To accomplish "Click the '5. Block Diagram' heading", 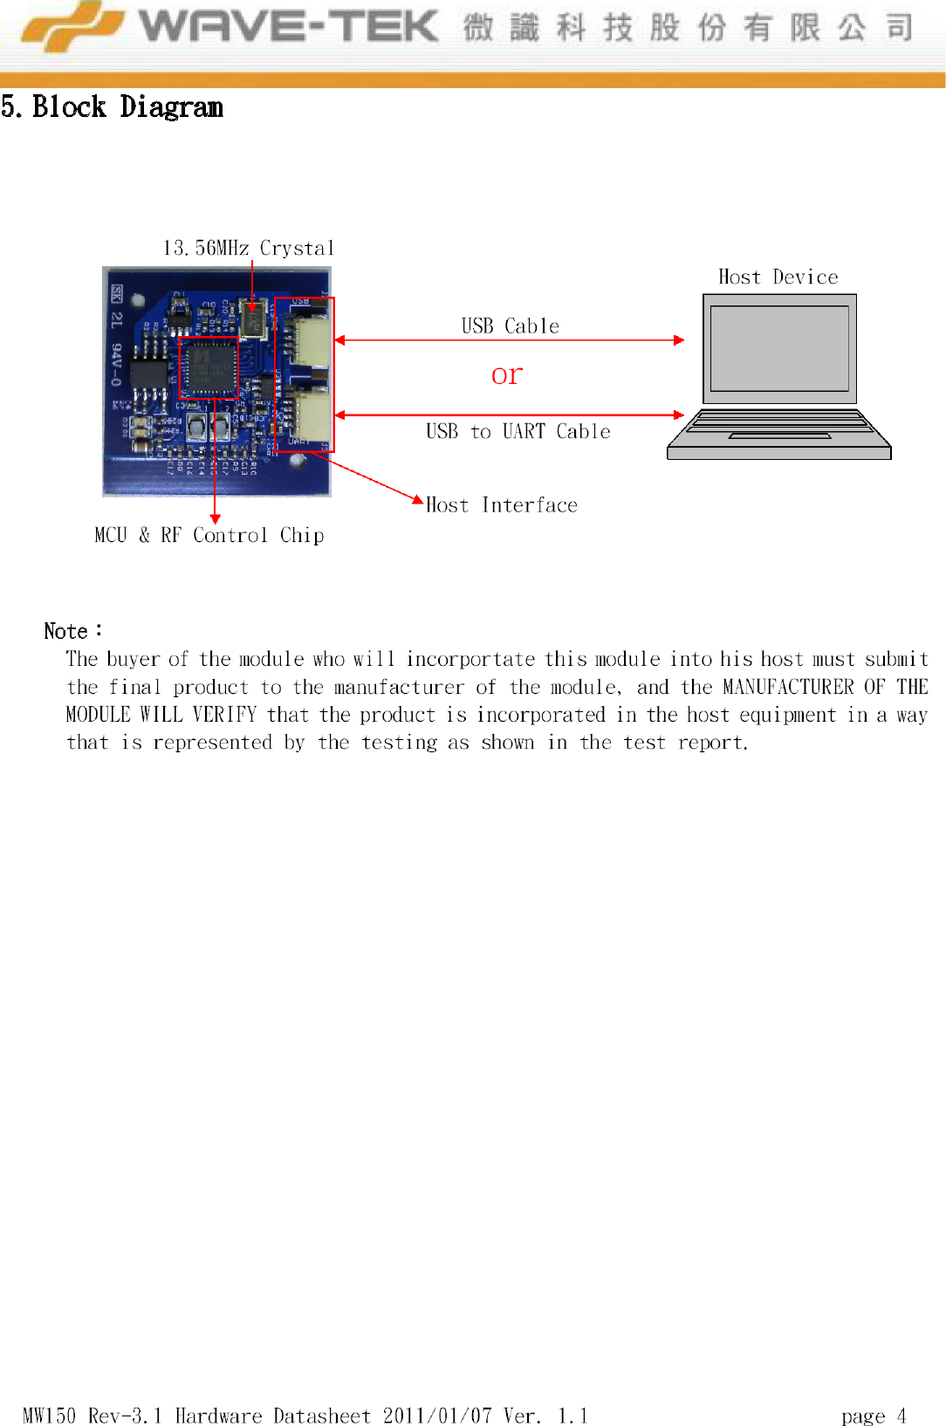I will [112, 107].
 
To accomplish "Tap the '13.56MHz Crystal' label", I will [249, 249].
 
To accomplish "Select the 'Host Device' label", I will [778, 278].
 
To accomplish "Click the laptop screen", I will [779, 348].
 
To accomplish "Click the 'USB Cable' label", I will [510, 326].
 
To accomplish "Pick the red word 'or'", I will [506, 375].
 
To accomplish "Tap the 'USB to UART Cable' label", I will [518, 432].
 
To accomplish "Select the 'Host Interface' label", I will [502, 505].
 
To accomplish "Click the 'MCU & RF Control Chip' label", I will [209, 535].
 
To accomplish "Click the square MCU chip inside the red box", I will [209, 367].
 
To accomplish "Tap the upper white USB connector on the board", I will [312, 340].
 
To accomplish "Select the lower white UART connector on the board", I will [312, 415].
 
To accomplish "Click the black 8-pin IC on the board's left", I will [149, 373].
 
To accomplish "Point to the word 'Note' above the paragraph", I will [66, 631].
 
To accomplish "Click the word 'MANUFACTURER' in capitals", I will [788, 688].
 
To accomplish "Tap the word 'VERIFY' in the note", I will [224, 716].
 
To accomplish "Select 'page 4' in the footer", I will [874, 1416].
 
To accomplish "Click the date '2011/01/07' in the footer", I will [437, 1416].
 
